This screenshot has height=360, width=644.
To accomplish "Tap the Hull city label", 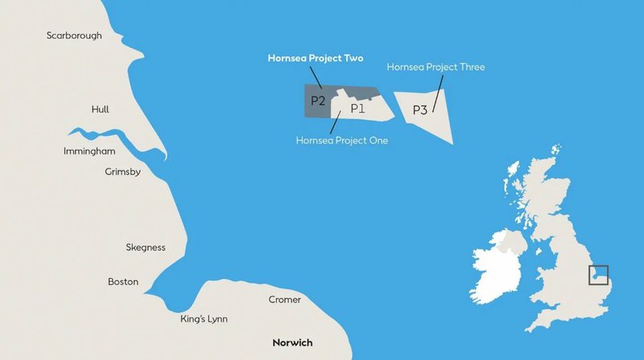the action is coord(101,110).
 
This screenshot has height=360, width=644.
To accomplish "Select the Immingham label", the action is coord(89,151).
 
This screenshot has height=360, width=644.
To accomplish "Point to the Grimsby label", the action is coord(123,172).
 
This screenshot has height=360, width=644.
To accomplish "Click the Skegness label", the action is coord(146,247).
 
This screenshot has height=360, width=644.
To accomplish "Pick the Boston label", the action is coord(123,282).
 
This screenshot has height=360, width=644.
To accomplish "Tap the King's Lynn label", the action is coord(204,320).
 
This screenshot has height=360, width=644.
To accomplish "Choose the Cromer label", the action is coord(283,300).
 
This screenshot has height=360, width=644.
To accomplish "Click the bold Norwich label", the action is coord(292,342).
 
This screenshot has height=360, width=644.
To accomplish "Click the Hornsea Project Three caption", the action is coord(436,67).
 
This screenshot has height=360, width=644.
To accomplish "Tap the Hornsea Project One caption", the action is coord(342,140).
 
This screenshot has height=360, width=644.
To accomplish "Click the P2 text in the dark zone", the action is coord(318,101).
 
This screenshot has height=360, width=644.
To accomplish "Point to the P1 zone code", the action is coord(358,107).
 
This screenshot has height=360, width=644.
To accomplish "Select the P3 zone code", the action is coord(419,110).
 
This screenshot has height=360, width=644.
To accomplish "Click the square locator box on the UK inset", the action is coord(598,275).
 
